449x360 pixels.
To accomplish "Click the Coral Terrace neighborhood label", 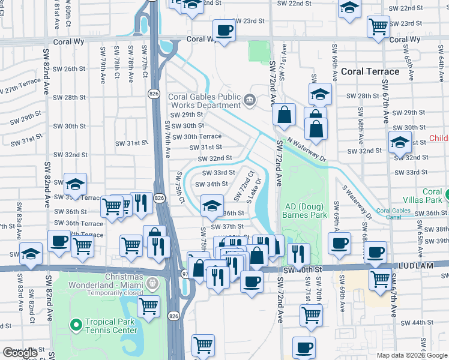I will (370, 71).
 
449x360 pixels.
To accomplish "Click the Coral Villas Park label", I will (432, 196).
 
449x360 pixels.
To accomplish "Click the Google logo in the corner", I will (20, 353).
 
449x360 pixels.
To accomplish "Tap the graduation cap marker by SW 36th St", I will (210, 207).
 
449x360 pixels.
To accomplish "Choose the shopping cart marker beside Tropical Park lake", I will (148, 306).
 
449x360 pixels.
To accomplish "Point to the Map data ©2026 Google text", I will (411, 355).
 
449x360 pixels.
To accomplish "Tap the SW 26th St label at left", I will (69, 69).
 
